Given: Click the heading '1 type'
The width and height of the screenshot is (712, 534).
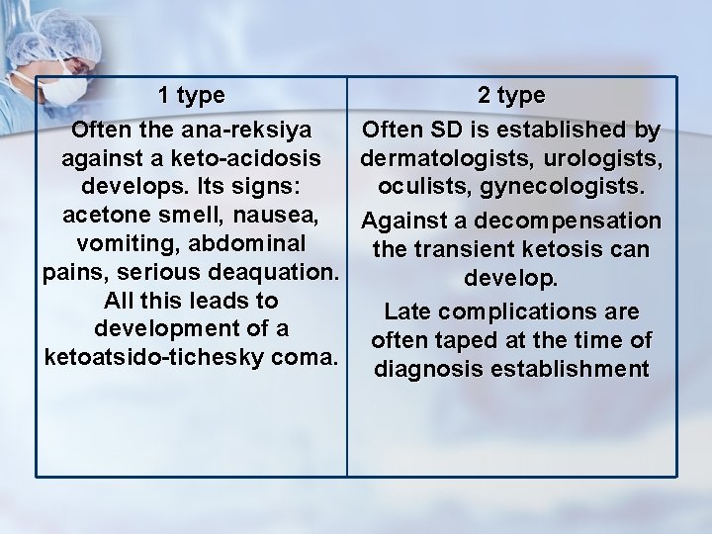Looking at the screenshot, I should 191,96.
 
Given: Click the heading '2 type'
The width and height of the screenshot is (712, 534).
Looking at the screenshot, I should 511,96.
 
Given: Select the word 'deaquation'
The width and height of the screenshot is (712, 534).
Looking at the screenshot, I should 275,271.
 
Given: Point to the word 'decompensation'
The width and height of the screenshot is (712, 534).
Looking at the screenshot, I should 576,221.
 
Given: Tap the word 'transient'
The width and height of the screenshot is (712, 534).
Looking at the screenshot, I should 463,249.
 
